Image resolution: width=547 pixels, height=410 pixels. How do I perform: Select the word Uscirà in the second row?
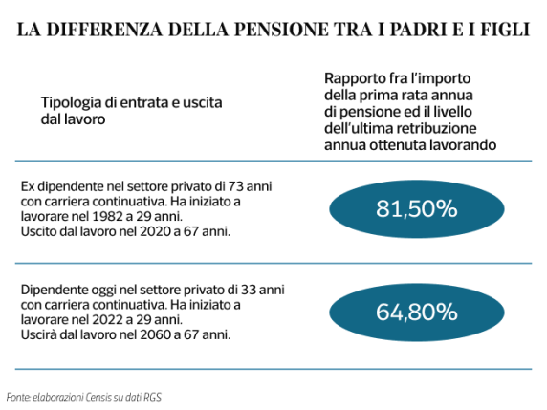click(x=37, y=335)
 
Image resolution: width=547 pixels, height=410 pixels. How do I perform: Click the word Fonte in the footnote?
click(x=17, y=396)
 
